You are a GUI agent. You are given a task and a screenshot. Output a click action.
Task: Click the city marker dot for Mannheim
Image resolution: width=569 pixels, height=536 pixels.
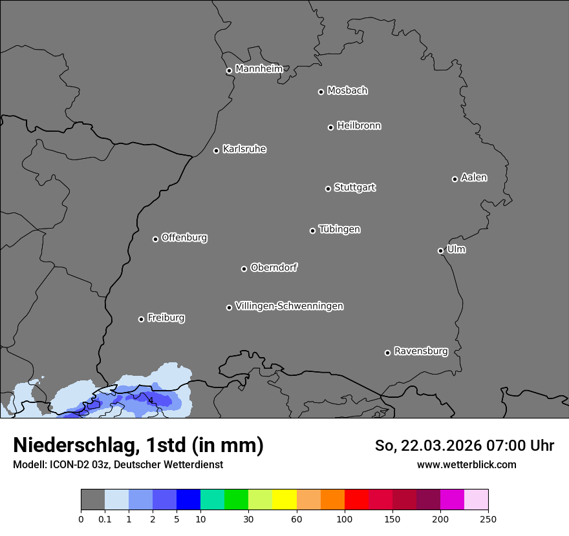tap(229, 71)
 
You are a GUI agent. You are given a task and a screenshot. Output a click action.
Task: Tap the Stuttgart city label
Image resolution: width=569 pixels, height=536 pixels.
tap(354, 187)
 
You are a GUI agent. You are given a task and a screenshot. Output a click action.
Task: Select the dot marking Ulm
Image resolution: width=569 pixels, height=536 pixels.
tap(440, 251)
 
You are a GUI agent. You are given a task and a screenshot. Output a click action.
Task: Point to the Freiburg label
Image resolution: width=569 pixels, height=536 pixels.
tap(166, 318)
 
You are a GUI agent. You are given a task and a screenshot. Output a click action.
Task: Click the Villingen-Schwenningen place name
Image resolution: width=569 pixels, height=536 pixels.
tap(289, 306)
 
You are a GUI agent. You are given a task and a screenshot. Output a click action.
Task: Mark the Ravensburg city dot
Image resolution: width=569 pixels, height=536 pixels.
tap(387, 353)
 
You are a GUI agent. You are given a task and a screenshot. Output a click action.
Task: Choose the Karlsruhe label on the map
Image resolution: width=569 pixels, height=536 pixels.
tap(244, 149)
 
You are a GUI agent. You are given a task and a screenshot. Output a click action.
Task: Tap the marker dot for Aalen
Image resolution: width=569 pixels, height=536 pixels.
tap(455, 179)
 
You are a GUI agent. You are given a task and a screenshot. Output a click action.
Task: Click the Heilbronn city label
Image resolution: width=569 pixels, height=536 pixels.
tap(359, 126)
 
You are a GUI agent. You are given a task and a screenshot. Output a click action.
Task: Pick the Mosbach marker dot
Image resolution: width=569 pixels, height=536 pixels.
tap(321, 92)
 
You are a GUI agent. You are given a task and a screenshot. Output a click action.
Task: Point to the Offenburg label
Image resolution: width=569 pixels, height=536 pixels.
tap(184, 238)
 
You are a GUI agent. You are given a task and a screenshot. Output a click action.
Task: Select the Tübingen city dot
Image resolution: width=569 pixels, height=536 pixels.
tap(312, 231)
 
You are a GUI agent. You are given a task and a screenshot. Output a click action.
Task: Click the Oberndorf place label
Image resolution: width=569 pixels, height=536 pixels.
tap(274, 267)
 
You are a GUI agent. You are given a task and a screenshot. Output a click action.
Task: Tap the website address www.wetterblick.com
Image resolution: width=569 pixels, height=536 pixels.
tap(466, 464)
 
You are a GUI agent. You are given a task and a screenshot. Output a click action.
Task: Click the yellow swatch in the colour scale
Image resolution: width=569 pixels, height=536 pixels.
tap(284, 500)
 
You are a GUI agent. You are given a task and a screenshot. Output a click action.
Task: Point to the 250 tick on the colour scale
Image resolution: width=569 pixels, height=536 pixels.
tap(488, 519)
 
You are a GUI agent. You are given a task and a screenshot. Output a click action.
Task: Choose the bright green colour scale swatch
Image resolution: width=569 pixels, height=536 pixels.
tap(236, 500)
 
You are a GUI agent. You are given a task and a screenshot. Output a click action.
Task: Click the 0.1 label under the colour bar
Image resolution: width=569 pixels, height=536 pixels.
tap(105, 519)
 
